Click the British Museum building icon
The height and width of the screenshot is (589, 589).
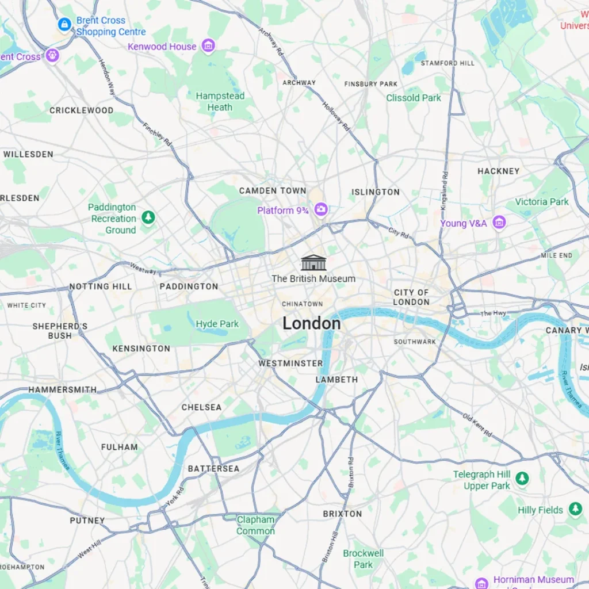(313, 263)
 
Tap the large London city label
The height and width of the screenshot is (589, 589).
(311, 324)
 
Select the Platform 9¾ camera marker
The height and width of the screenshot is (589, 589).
(321, 210)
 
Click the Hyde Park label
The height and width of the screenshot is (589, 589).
(217, 324)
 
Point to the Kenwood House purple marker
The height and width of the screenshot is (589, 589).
(208, 46)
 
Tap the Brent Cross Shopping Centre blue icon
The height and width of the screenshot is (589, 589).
(64, 25)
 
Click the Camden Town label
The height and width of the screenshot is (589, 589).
(273, 190)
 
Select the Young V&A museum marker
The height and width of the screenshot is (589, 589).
(499, 223)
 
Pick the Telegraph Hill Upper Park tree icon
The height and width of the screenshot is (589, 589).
(522, 479)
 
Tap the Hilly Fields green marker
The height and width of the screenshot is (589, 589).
(575, 509)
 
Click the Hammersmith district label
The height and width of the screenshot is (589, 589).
(62, 389)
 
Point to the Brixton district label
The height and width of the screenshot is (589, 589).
(342, 513)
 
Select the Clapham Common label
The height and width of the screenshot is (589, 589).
(255, 525)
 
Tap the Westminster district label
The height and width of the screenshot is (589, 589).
(290, 363)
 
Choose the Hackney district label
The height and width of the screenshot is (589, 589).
(498, 171)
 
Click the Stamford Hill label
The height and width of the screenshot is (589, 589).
(448, 63)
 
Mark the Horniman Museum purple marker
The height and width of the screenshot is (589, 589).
(482, 582)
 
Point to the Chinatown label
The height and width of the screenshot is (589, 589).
(302, 304)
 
